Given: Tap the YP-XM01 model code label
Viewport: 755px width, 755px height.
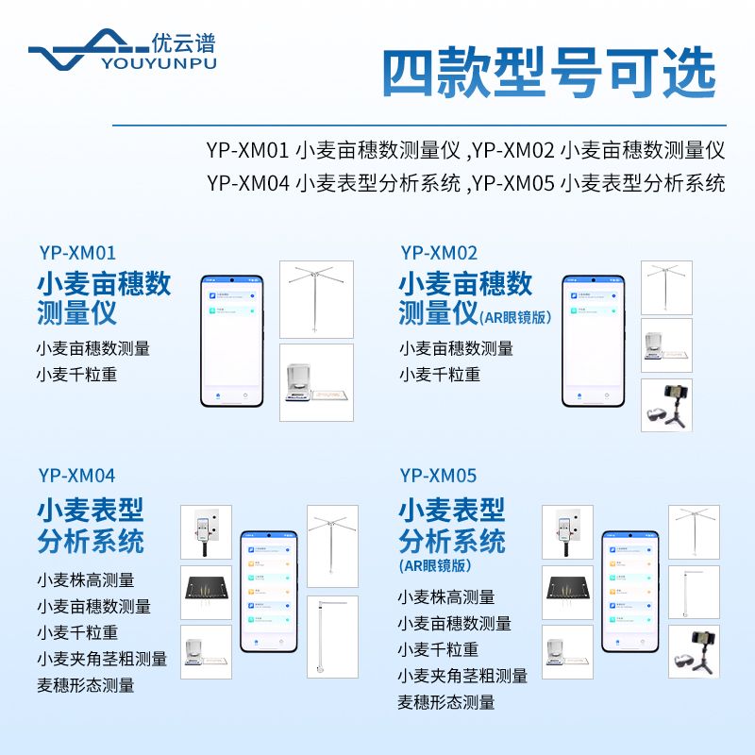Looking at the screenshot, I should pyautogui.click(x=77, y=253).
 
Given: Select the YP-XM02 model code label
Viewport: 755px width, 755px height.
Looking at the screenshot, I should pyautogui.click(x=439, y=253).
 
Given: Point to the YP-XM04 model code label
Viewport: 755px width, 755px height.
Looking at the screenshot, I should pyautogui.click(x=77, y=476).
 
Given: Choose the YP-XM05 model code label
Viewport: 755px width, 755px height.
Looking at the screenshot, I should pyautogui.click(x=439, y=476).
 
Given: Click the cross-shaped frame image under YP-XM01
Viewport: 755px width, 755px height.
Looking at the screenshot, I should pyautogui.click(x=316, y=299).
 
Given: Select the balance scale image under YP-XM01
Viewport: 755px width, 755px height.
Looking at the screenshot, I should pyautogui.click(x=316, y=382).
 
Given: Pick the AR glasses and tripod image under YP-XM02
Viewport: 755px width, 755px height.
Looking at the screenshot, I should pyautogui.click(x=666, y=406).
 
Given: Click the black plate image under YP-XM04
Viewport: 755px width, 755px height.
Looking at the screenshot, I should pyautogui.click(x=206, y=592).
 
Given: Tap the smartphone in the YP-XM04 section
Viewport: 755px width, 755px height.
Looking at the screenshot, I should pyautogui.click(x=269, y=591).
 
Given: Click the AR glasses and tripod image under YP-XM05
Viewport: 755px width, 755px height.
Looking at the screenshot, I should pyautogui.click(x=694, y=651).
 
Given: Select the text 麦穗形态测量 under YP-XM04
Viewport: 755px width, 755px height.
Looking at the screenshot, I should pyautogui.click(x=86, y=685).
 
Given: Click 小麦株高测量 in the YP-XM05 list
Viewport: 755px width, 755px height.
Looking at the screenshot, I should pyautogui.click(x=446, y=597).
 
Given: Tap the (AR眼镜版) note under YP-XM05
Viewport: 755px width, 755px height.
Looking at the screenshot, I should pyautogui.click(x=435, y=566).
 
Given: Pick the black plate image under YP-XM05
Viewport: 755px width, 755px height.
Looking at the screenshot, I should pyautogui.click(x=567, y=592).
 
